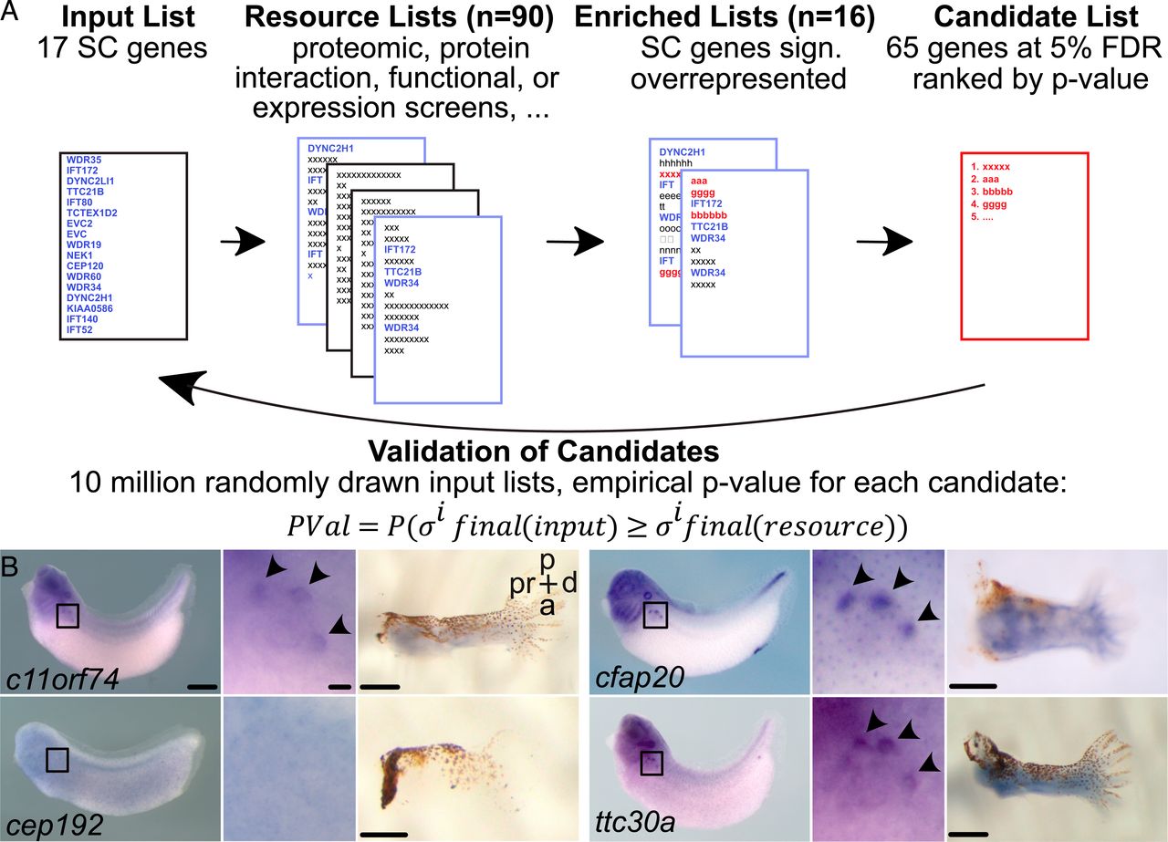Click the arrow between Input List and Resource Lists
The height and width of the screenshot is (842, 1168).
pos(241,243)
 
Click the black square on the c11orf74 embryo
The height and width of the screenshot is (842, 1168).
pos(68,616)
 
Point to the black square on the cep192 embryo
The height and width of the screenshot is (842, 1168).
pos(57,759)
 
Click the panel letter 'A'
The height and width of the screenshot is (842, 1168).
pos(13,16)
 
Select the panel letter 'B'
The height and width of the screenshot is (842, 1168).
pos(12,566)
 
